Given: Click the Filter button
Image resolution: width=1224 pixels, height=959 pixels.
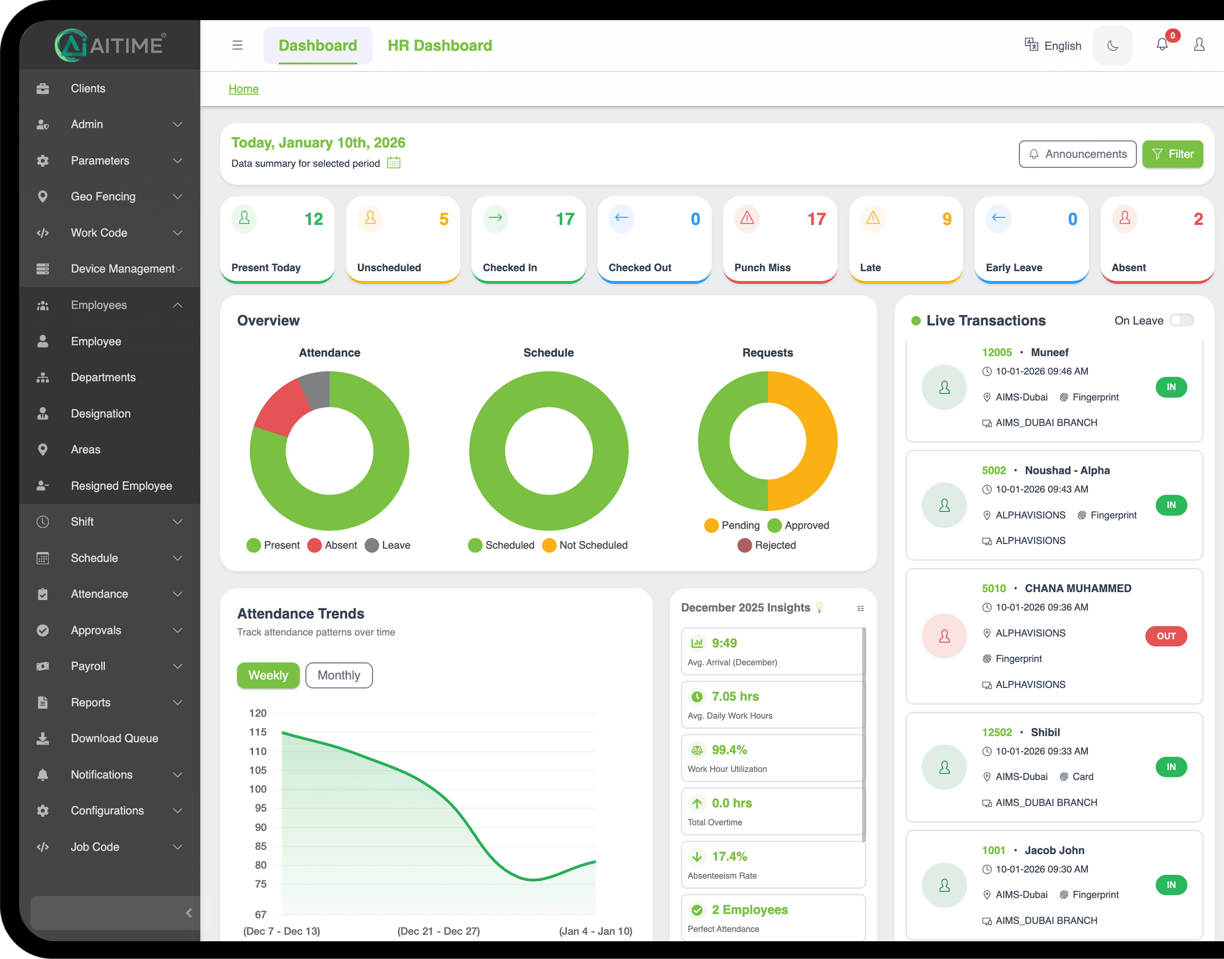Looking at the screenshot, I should pyautogui.click(x=1173, y=154).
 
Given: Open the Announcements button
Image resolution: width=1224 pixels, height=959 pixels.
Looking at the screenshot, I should pyautogui.click(x=1077, y=154).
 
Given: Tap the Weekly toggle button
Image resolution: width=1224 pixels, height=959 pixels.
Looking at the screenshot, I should pyautogui.click(x=268, y=675).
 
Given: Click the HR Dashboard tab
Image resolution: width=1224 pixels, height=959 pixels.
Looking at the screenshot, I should pyautogui.click(x=439, y=45).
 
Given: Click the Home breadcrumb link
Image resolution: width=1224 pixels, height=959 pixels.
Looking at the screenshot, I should pyautogui.click(x=243, y=89).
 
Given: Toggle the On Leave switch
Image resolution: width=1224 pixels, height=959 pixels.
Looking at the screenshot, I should pyautogui.click(x=1181, y=320).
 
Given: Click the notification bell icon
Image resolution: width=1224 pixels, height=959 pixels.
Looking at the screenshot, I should pyautogui.click(x=1162, y=45).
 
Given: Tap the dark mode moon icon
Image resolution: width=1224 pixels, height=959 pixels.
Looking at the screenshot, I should pyautogui.click(x=1112, y=45).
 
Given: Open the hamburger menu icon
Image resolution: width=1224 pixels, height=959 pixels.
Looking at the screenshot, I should pyautogui.click(x=237, y=45).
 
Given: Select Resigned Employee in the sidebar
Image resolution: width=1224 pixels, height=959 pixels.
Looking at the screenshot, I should pyautogui.click(x=121, y=486).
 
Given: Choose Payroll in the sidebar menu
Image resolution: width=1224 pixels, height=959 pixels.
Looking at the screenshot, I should pyautogui.click(x=88, y=666).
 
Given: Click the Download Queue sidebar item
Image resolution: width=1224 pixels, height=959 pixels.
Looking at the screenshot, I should pyautogui.click(x=115, y=738).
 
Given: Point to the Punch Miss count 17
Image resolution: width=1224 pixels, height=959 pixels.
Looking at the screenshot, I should pyautogui.click(x=816, y=219).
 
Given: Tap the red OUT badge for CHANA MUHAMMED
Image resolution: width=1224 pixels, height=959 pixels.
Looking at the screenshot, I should pyautogui.click(x=1166, y=636).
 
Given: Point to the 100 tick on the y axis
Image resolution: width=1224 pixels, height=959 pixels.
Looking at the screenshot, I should pyautogui.click(x=257, y=789).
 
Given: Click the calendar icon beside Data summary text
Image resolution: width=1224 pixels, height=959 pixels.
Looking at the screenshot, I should pyautogui.click(x=394, y=163).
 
